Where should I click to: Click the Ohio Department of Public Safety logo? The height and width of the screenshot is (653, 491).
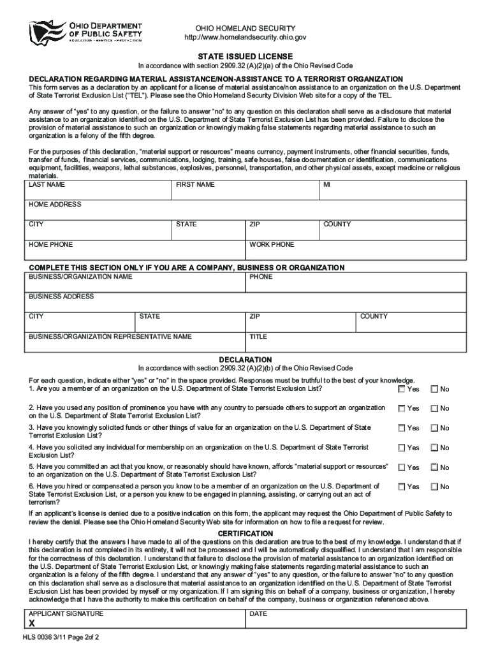85,31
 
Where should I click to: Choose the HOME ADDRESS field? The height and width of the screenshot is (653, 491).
245,210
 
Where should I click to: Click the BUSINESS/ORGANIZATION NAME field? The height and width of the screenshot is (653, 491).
135,282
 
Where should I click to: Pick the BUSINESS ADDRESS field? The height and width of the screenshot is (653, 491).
245,302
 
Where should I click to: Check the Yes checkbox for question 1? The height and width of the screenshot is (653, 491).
402,389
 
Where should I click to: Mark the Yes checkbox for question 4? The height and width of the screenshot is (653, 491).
402,448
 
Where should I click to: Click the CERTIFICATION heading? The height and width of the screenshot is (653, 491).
246,533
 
